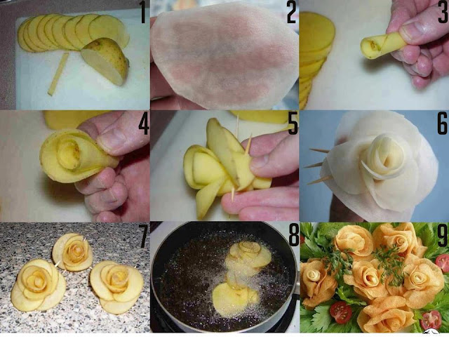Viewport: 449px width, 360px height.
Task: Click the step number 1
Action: (143, 13)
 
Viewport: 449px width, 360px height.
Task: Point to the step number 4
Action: (144, 125)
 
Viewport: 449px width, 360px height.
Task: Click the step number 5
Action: (293, 125)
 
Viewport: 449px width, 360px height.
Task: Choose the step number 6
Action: (443, 124)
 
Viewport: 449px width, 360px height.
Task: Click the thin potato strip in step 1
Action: (58, 74)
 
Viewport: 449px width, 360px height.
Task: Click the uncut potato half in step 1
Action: (105, 62)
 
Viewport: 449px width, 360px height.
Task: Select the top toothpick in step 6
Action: (320, 150)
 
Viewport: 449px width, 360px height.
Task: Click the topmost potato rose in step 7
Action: (73, 253)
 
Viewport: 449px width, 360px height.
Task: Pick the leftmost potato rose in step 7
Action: (38, 286)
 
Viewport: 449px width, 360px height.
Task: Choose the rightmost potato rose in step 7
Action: (116, 287)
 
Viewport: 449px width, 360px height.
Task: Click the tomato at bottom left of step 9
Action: (341, 312)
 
